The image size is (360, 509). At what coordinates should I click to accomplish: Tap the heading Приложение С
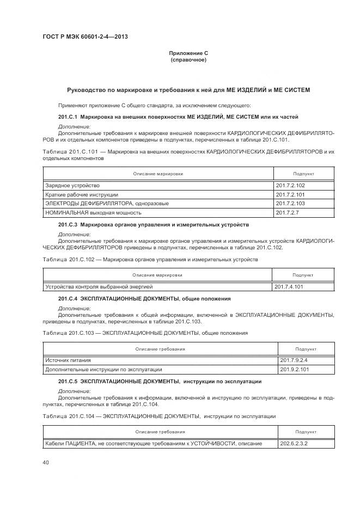click(x=188, y=53)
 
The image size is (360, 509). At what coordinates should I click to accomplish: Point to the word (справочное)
click(x=188, y=59)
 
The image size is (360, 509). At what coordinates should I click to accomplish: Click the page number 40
click(x=46, y=462)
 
